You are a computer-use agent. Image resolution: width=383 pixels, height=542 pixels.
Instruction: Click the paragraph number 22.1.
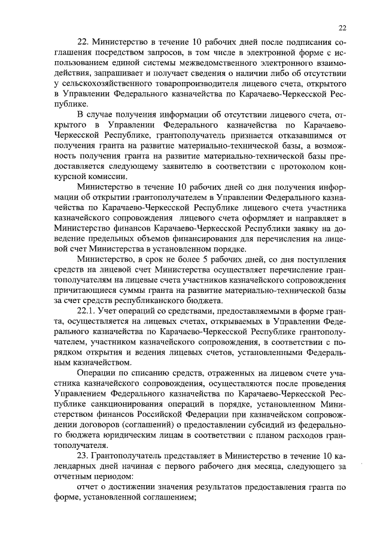pyautogui.click(x=88, y=311)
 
